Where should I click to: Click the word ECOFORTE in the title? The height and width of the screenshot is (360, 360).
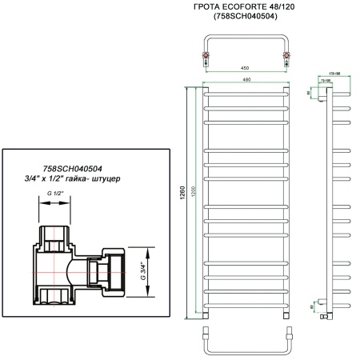(x=242, y=7)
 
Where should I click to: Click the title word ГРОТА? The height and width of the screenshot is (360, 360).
(x=201, y=7)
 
